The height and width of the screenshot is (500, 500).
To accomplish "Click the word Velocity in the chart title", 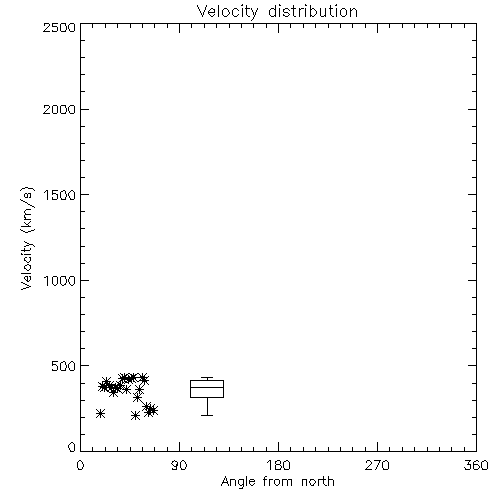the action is point(227,12).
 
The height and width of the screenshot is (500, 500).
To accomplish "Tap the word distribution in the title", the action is point(313,11).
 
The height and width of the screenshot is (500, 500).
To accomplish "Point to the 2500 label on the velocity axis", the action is point(59,27).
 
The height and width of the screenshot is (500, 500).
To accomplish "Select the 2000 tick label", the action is point(59,109).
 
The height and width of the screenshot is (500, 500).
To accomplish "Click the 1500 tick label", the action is point(60,195).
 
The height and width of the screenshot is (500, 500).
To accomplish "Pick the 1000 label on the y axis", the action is point(60,281).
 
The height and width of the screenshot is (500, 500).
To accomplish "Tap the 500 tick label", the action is point(64,366).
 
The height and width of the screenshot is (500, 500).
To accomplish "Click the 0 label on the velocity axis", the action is point(72,447).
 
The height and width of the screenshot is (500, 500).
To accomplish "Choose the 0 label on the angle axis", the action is point(80,465).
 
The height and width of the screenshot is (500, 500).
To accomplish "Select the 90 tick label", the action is point(179,465).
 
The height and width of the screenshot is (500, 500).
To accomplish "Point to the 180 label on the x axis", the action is point(278,465).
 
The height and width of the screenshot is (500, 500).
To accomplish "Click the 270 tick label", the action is point(377,465).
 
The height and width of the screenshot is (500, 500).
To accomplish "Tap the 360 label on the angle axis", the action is point(476,465).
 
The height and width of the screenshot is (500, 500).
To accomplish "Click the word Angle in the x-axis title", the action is point(238,482).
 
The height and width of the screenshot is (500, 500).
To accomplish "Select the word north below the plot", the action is point(318,482).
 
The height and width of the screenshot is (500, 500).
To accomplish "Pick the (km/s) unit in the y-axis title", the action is point(27,210).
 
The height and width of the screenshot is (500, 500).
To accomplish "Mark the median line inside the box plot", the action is point(207,387).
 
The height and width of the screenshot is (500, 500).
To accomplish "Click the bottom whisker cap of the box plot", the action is point(207,415).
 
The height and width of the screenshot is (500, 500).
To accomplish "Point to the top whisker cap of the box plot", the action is point(207,378).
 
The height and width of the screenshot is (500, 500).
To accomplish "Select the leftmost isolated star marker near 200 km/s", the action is point(100,414).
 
